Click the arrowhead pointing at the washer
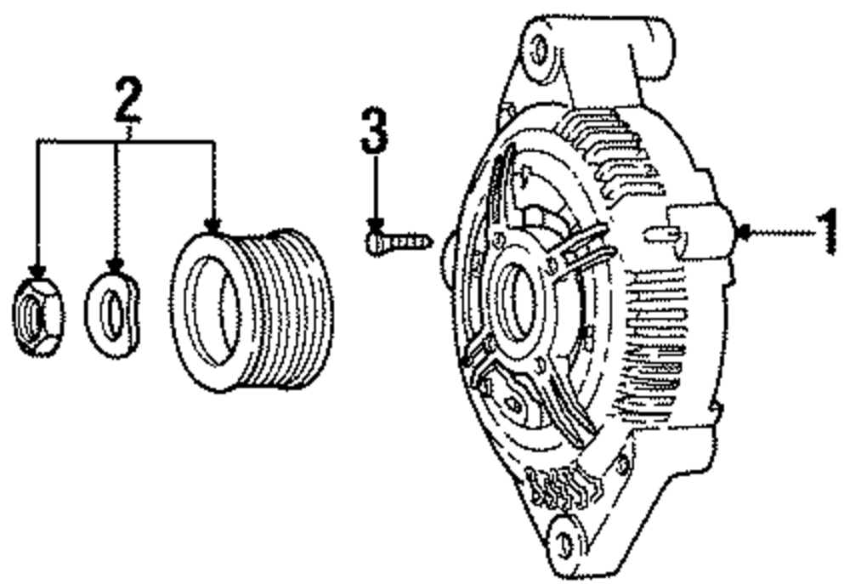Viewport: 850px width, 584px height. tap(116, 264)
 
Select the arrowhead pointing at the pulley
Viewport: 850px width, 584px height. tap(213, 224)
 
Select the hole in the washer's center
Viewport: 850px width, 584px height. tap(111, 314)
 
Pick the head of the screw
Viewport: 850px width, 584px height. tap(373, 244)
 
